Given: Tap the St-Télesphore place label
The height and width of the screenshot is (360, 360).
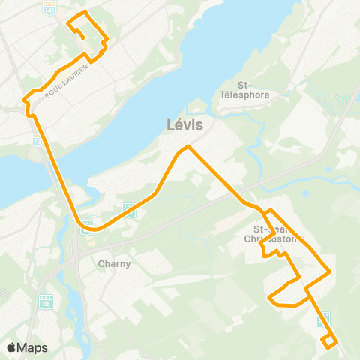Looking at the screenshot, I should tap(241, 90).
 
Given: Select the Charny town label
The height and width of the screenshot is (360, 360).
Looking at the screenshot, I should tap(114, 263).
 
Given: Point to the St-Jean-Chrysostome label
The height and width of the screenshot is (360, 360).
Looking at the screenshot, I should tap(277, 234).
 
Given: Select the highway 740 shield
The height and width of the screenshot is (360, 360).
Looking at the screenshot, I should tap(49, 7).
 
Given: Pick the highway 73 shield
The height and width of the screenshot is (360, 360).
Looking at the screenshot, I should tap(37, 141).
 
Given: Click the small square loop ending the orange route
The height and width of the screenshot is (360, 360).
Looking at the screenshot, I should tap(328, 341).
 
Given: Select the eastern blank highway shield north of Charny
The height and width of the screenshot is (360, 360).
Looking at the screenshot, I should tap(128, 208).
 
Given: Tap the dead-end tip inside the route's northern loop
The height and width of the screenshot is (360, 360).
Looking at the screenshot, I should tap(81, 33).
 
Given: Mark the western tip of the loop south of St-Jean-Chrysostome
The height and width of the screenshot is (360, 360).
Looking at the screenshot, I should tap(269, 301).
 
